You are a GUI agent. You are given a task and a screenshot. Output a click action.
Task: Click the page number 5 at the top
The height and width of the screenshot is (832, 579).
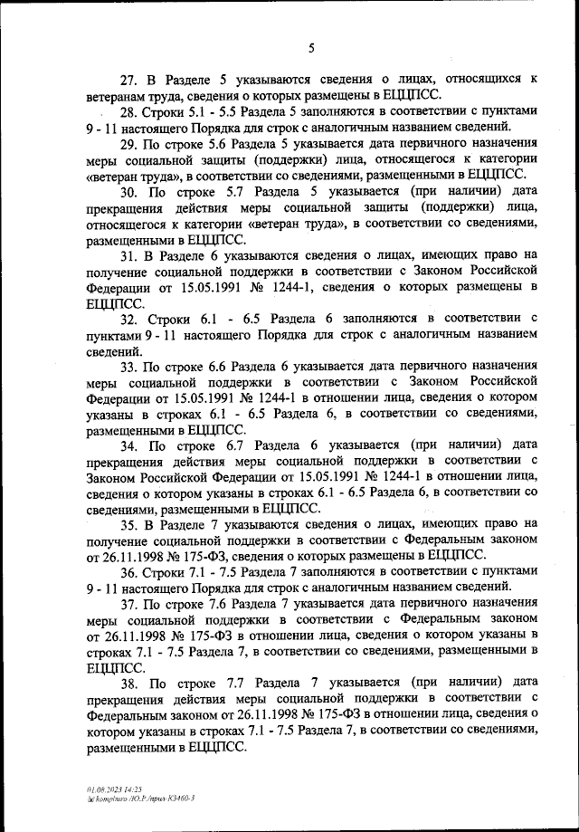pyautogui.click(x=310, y=48)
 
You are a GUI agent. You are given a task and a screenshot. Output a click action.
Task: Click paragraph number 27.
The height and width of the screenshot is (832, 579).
pyautogui.click(x=130, y=81)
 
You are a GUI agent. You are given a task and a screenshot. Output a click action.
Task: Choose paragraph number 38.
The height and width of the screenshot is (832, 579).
pyautogui.click(x=130, y=683)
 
